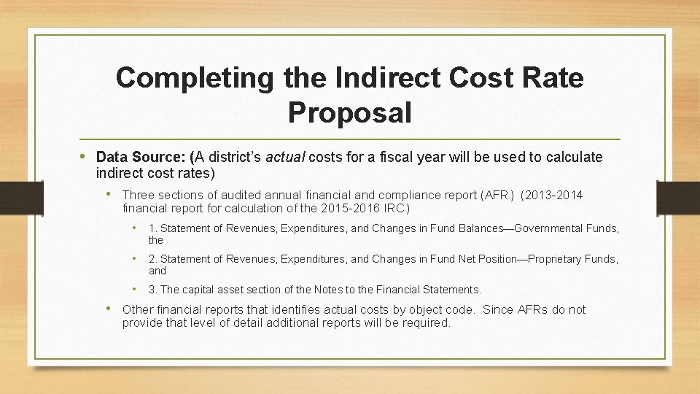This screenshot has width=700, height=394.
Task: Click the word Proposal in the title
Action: pyautogui.click(x=349, y=113)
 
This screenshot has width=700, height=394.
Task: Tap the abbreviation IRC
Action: pyautogui.click(x=394, y=208)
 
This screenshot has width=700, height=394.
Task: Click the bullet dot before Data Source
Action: pyautogui.click(x=87, y=156)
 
